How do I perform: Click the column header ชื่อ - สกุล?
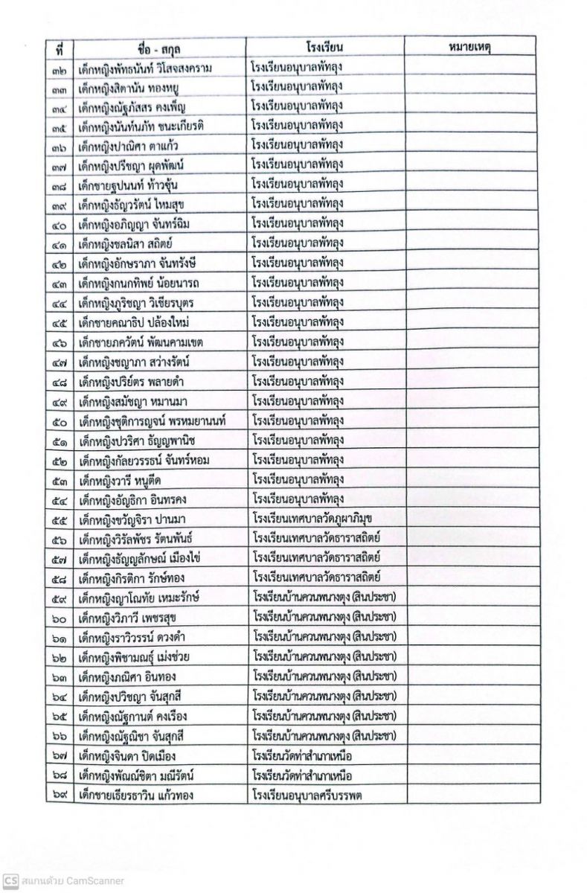point(160,48)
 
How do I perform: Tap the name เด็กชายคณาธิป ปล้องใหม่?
point(138,323)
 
